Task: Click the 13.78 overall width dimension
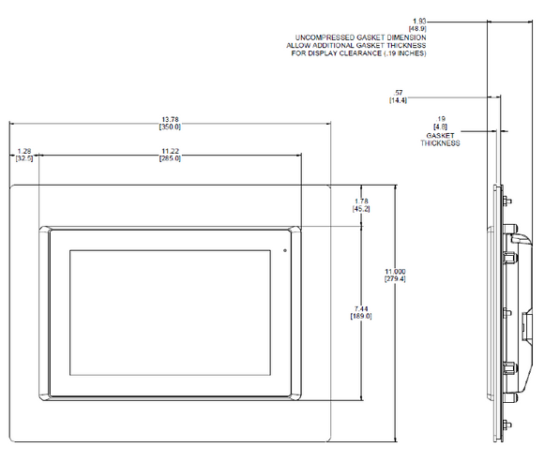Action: pos(170,119)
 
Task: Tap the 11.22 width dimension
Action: pos(170,151)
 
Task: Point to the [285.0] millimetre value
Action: pos(170,158)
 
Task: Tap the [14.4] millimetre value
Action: pos(398,99)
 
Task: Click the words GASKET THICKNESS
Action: pos(440,140)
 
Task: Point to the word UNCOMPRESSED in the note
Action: pos(322,37)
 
